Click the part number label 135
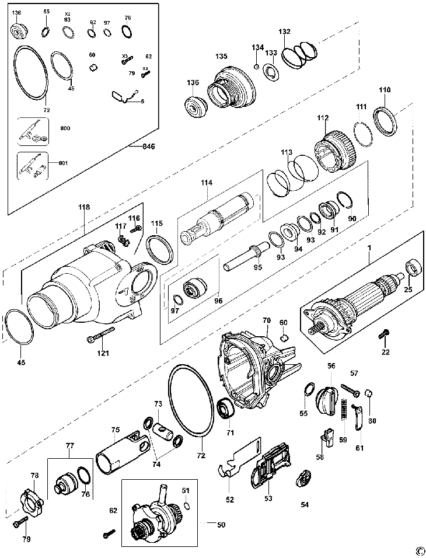coord(221,57)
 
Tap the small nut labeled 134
coord(256,67)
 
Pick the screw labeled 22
coord(385,334)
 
